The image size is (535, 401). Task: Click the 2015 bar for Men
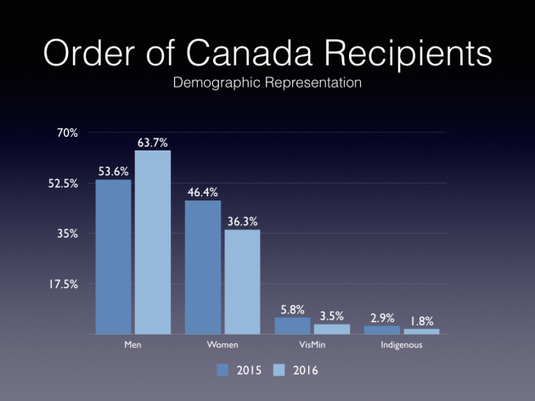113,257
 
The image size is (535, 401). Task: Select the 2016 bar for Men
153,242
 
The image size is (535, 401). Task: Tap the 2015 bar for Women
203,267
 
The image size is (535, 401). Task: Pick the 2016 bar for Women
243,281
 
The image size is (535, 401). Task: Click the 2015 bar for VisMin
293,325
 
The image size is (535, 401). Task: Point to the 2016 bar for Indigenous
421,330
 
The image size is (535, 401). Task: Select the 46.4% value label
203,192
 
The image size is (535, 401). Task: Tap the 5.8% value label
293,308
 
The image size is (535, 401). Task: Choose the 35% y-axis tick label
68,234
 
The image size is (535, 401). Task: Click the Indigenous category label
402,346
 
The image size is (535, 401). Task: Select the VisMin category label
311,346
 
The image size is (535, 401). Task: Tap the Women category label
223,346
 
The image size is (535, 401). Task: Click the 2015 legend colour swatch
223,370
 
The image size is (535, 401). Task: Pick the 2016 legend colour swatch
279,370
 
